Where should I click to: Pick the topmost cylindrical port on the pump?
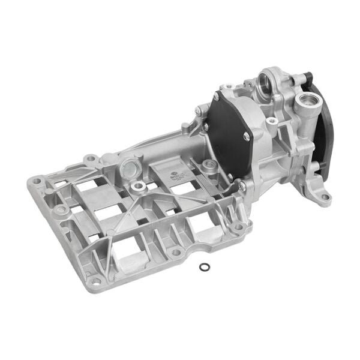point(266,79)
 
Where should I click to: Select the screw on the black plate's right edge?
point(245,136)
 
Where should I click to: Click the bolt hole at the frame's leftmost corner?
point(37,181)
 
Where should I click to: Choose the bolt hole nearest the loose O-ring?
point(176,252)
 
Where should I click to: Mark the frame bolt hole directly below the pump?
point(238,227)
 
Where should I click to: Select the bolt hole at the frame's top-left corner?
point(90,158)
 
